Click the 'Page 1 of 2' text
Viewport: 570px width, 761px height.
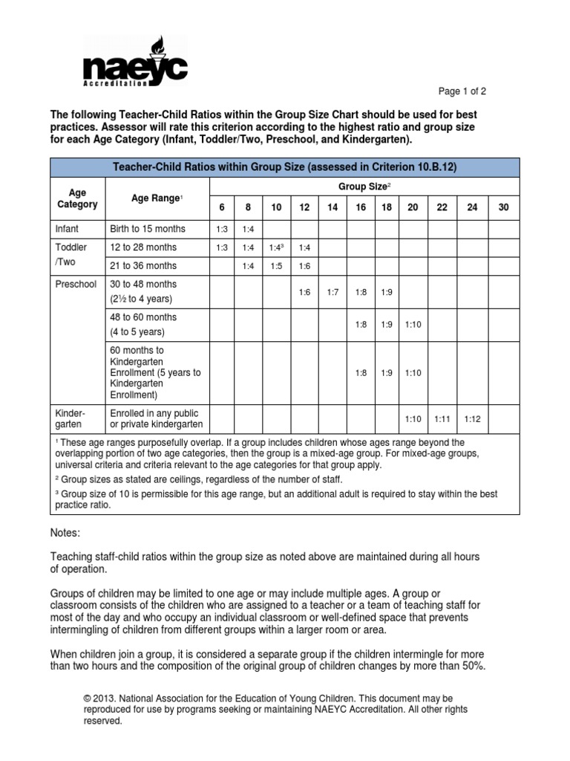tap(462, 91)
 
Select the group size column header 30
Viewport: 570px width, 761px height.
tap(503, 207)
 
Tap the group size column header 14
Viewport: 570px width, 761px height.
tap(332, 207)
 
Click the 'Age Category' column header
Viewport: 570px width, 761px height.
tap(77, 198)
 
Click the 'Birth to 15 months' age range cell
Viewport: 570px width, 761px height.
tap(148, 228)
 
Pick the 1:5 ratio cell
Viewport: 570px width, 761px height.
tap(276, 265)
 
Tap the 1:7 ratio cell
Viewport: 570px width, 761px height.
tap(332, 293)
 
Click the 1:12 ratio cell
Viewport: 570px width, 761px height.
tap(472, 419)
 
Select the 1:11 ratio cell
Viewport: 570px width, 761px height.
tap(442, 419)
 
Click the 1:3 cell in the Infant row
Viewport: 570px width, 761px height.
tap(221, 229)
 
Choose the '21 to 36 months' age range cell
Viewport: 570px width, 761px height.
tap(143, 265)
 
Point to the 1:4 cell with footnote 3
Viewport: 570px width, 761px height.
tap(276, 247)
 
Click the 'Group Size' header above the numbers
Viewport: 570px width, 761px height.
tap(361, 187)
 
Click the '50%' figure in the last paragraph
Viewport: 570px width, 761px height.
tap(471, 666)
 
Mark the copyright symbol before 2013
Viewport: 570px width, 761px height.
tap(87, 699)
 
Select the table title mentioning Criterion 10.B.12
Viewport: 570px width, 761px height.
tap(284, 167)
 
